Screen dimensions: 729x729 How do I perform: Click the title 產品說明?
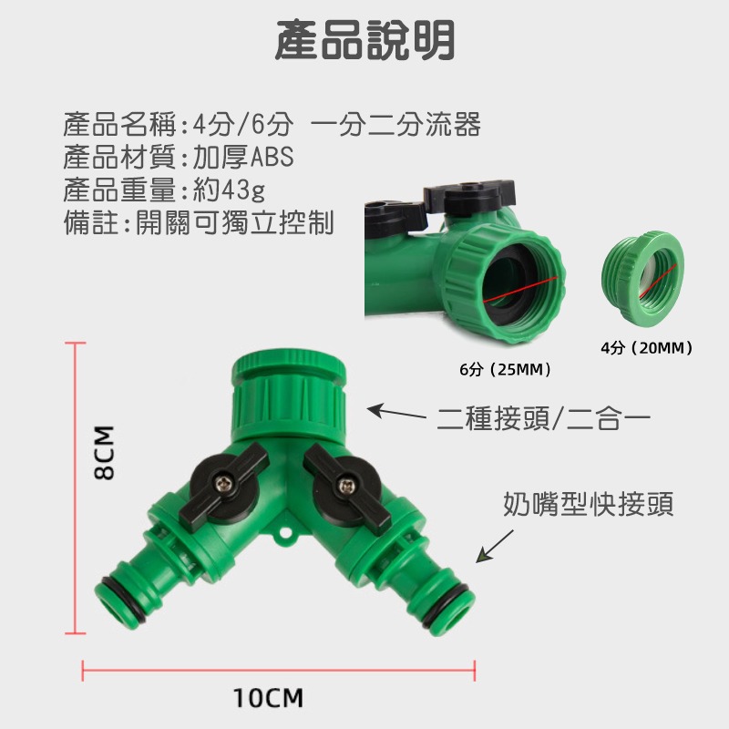(364, 41)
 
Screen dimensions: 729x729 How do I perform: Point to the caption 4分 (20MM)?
(648, 347)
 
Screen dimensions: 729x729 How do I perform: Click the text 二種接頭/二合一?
(543, 420)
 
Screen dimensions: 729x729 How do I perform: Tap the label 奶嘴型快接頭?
(589, 504)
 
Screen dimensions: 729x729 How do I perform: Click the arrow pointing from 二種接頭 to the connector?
(401, 415)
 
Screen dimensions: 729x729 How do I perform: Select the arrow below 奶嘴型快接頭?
(495, 545)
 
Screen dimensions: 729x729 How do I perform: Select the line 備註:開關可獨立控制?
(199, 222)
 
